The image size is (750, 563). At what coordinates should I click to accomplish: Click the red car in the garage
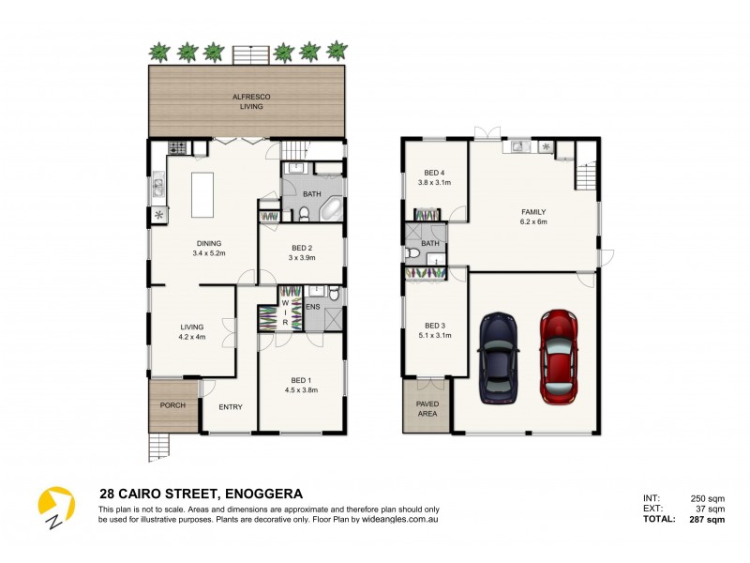[559, 356]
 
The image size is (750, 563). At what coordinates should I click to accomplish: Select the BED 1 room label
[302, 380]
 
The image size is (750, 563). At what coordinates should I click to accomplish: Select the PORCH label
[172, 405]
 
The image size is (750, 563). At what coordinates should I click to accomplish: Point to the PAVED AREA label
[427, 407]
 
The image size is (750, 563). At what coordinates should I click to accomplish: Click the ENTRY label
[231, 406]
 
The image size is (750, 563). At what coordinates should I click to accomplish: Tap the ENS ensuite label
[313, 306]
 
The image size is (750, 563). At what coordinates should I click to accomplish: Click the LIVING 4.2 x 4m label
[192, 331]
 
